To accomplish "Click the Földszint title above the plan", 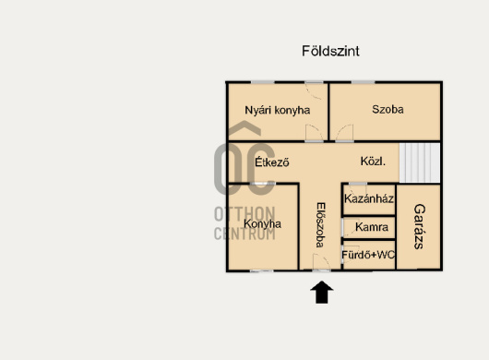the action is [x=330, y=51].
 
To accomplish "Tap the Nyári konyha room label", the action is [x=277, y=111].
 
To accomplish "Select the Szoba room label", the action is [x=388, y=109].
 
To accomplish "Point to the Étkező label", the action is [x=272, y=162].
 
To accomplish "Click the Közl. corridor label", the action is [x=373, y=162].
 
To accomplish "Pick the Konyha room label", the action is [x=262, y=223].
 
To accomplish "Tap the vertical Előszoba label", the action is [x=320, y=225].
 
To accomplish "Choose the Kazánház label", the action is [x=369, y=198].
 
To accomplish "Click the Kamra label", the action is [x=372, y=227].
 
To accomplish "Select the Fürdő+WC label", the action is [x=368, y=255].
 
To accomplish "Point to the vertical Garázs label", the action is [x=419, y=226].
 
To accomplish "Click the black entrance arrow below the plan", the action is [x=322, y=293].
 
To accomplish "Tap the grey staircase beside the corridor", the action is [x=420, y=162].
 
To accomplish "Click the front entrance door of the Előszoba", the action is [x=321, y=262].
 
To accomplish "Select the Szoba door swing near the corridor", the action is [x=345, y=133].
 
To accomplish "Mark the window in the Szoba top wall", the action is [x=363, y=82].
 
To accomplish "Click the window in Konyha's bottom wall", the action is [x=262, y=270].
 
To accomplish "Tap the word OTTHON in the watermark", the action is [x=244, y=214].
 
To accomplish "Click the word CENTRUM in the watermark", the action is [x=244, y=234].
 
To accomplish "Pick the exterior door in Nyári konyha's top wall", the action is [x=314, y=90].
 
